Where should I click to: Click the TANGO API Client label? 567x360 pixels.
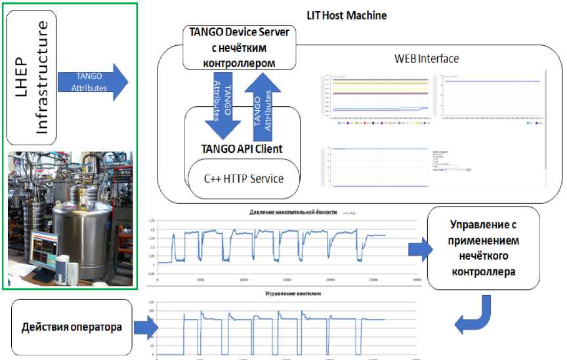point(242,148)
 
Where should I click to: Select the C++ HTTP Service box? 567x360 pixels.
point(243,178)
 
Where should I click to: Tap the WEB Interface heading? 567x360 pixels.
point(426,58)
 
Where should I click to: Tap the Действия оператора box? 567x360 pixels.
point(71,327)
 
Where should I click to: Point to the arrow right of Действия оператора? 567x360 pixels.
point(146,325)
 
